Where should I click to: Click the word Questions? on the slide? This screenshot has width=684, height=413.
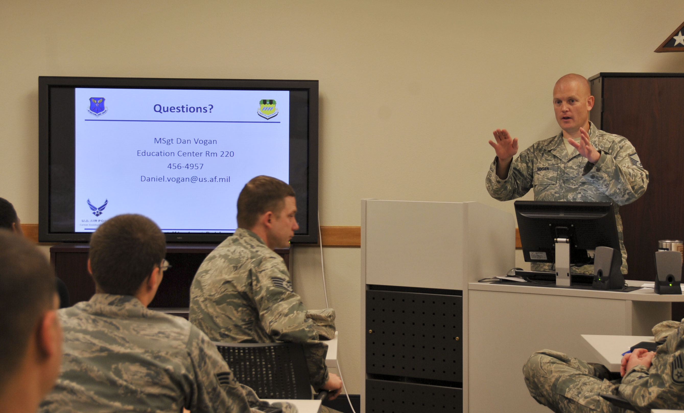pos(183,108)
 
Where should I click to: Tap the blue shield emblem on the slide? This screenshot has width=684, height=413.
pos(97,107)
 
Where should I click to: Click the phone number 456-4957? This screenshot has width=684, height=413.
pos(185,166)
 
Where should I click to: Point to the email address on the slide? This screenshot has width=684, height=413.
pos(185,179)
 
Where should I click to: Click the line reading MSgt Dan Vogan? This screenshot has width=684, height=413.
pos(185,141)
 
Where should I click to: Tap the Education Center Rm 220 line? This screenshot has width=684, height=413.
pos(185,154)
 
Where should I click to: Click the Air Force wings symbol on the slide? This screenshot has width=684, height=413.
pos(97,207)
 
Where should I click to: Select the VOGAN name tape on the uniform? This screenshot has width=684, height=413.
pos(543,169)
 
